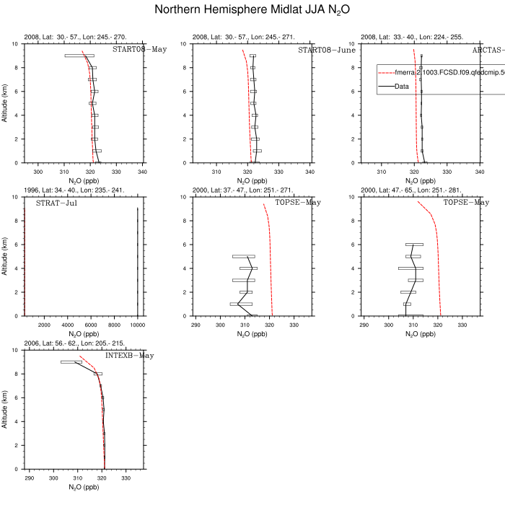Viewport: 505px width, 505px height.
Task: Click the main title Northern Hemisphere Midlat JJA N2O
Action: point(252,11)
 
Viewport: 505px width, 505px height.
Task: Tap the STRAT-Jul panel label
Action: point(57,203)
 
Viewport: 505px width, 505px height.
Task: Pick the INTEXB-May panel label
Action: point(129,356)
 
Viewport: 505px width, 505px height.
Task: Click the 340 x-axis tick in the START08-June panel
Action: point(311,172)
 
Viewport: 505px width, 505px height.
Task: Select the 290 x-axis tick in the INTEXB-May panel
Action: point(30,478)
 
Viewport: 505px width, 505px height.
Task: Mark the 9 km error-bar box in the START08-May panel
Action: point(79,56)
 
